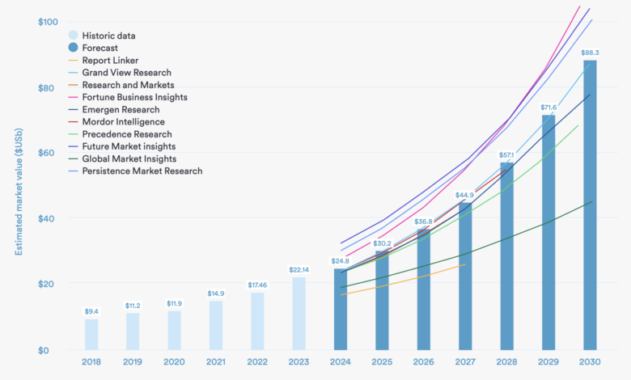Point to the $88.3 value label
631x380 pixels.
tap(590, 53)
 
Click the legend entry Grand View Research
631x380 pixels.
tap(126, 73)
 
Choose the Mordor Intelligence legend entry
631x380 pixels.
tap(123, 122)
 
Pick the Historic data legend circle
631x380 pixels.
tap(73, 36)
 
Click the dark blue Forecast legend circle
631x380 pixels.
tap(73, 48)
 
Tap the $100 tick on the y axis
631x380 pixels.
tap(47, 21)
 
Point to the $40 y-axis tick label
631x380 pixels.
tap(49, 218)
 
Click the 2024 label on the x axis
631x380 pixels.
tap(341, 363)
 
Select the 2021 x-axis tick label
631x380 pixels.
tap(217, 363)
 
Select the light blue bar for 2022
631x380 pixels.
tap(258, 321)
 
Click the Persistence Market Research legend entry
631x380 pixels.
tap(142, 171)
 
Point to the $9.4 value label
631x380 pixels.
tap(92, 311)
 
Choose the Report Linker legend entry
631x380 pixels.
tap(110, 61)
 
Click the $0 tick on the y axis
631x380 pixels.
tap(52, 350)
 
